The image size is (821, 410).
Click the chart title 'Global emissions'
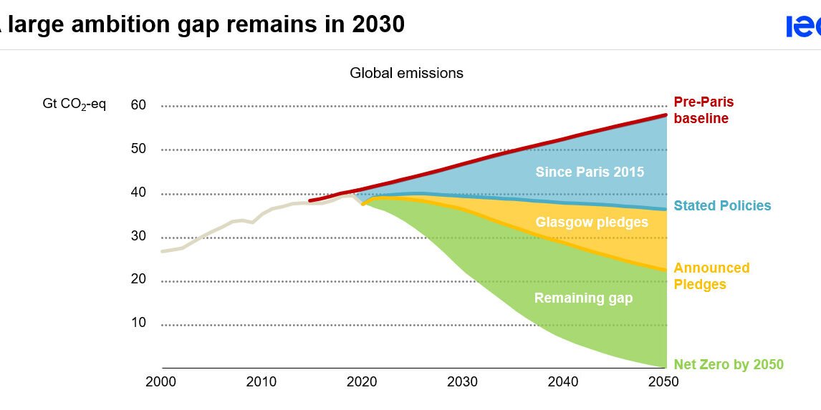(x=406, y=73)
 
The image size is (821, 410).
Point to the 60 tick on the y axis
(x=138, y=105)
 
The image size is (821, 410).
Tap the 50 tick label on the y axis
(x=138, y=149)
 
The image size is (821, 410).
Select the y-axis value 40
(x=138, y=192)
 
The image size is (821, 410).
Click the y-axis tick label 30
(x=138, y=236)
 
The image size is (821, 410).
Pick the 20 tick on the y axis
(x=138, y=279)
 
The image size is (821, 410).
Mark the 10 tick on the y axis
(x=138, y=323)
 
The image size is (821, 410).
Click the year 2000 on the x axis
(x=161, y=381)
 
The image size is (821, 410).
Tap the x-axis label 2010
(x=261, y=381)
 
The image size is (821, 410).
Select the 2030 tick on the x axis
(x=463, y=381)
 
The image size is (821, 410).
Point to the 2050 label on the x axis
(x=663, y=381)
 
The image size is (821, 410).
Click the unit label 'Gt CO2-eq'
(x=74, y=105)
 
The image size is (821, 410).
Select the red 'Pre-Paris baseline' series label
(x=704, y=110)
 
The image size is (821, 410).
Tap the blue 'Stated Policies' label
(x=722, y=206)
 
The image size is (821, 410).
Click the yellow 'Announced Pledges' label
(x=711, y=276)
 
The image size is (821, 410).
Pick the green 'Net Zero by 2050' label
(x=728, y=365)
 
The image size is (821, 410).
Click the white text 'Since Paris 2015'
(x=590, y=172)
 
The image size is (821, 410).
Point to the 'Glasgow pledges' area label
(x=592, y=223)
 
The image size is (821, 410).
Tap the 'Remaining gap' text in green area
(x=583, y=298)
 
